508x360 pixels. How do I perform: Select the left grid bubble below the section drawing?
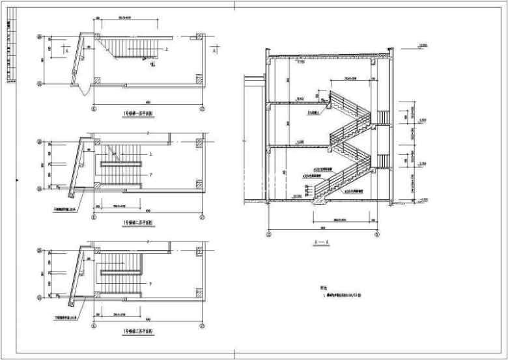[x=270, y=234]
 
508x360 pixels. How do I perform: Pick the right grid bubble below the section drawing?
[x=378, y=234]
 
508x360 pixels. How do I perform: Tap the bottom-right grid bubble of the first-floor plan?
[x=203, y=109]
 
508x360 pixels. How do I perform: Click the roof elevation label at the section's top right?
[x=423, y=45]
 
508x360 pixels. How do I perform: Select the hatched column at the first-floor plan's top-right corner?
[x=199, y=38]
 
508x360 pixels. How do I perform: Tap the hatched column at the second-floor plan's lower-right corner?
[x=199, y=186]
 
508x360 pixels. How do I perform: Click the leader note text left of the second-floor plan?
[x=64, y=210]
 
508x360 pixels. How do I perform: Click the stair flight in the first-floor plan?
[x=130, y=48]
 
